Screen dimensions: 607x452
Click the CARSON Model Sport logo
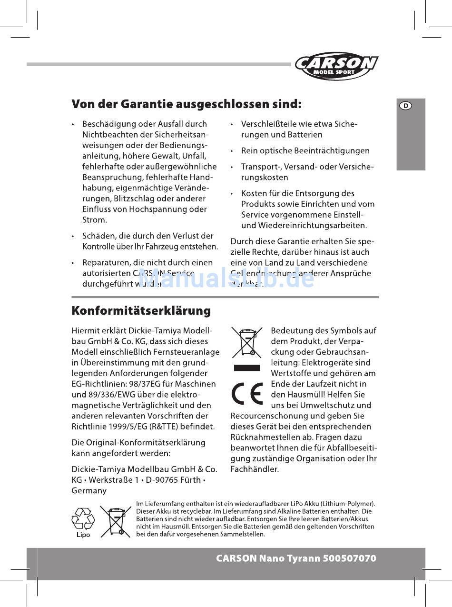(x=336, y=66)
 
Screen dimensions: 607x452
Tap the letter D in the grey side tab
(x=405, y=106)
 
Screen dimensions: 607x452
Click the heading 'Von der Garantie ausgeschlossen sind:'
(x=187, y=104)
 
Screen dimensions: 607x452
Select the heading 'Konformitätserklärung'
(x=141, y=311)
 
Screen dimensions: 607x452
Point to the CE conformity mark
(x=247, y=394)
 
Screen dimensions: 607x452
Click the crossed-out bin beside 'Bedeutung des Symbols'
(x=247, y=342)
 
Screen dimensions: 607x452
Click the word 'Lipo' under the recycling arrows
(x=83, y=535)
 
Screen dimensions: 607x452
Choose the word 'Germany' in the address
(x=89, y=490)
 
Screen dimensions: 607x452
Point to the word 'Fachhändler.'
(x=255, y=469)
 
